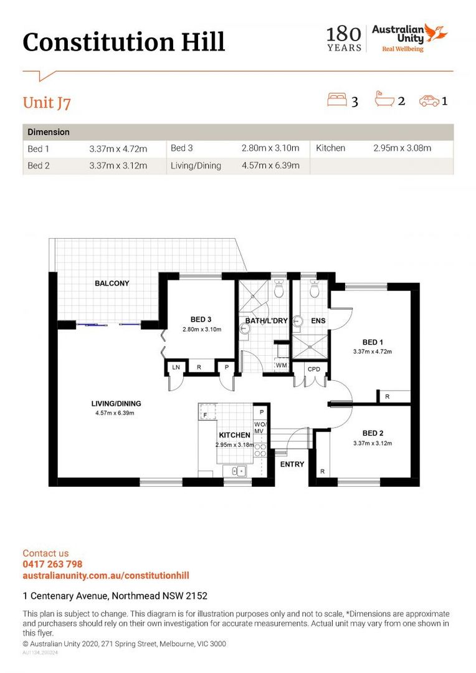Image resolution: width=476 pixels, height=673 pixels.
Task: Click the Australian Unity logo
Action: click(x=409, y=38)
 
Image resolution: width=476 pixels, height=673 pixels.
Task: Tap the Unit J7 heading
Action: click(x=47, y=103)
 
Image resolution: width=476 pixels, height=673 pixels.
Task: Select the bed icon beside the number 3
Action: click(x=337, y=100)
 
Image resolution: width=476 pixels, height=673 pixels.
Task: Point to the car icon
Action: click(x=429, y=101)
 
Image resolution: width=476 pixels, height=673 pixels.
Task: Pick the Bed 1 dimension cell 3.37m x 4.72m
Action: click(x=118, y=149)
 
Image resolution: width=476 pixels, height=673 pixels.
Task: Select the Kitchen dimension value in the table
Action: click(x=402, y=148)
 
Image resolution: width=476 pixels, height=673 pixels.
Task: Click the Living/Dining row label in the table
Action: click(x=196, y=166)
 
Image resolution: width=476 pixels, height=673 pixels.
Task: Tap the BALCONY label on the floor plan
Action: click(x=112, y=284)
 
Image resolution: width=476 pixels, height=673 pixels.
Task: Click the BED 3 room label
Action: click(x=201, y=319)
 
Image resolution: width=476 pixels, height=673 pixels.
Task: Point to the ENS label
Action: click(x=318, y=321)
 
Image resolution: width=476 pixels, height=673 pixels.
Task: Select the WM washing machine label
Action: click(x=281, y=365)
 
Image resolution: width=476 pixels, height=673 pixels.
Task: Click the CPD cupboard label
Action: click(x=314, y=369)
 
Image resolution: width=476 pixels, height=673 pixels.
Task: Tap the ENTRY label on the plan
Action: click(x=292, y=464)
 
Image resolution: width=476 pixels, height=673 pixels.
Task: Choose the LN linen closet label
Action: click(x=176, y=368)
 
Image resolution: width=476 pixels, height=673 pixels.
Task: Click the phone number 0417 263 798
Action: click(x=52, y=565)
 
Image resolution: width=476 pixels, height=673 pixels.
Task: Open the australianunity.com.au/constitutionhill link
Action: click(x=106, y=576)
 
